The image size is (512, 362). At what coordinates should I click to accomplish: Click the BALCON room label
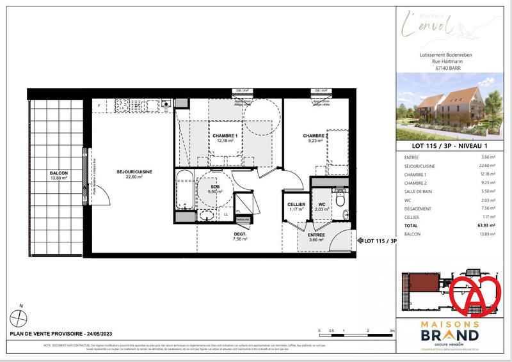click(x=59, y=173)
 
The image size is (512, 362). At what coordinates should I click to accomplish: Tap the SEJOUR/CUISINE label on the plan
click(x=134, y=172)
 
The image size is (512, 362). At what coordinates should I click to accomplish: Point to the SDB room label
click(x=214, y=187)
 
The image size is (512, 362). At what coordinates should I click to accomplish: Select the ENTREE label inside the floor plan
click(x=316, y=235)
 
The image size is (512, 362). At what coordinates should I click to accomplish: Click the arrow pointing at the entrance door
click(x=359, y=241)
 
